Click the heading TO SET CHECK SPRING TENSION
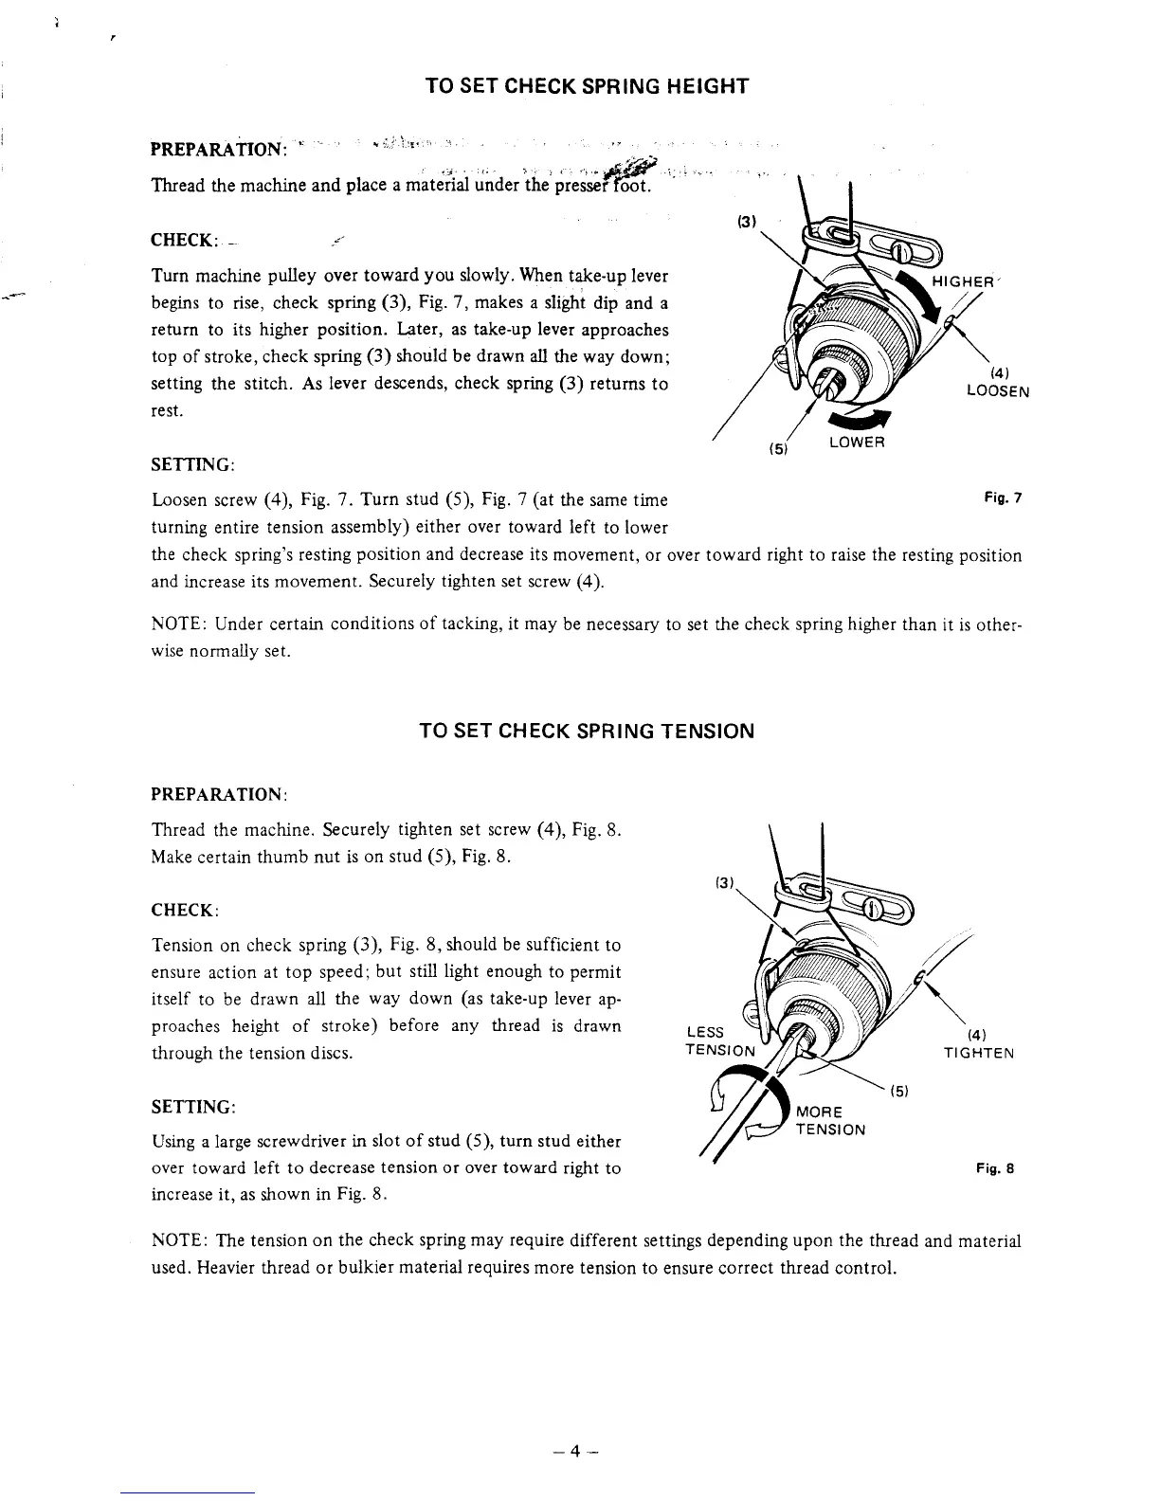pyautogui.click(x=587, y=732)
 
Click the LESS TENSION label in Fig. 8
pyautogui.click(x=719, y=1040)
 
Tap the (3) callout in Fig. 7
pyautogui.click(x=745, y=226)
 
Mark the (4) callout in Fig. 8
pyautogui.click(x=979, y=1036)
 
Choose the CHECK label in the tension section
pyautogui.click(x=186, y=910)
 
